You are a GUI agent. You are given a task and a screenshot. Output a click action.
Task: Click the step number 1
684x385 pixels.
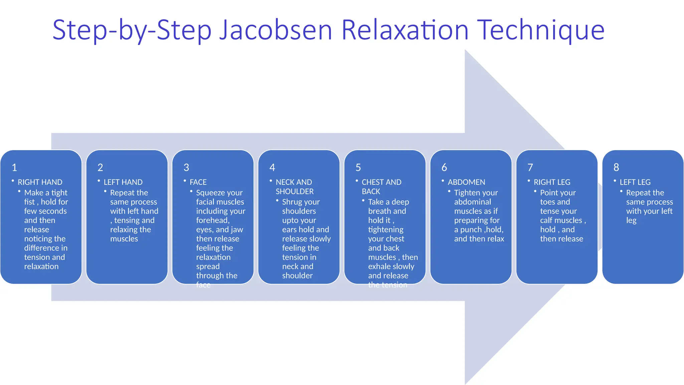(x=14, y=167)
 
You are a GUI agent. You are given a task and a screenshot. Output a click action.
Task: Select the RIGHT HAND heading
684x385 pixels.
(x=40, y=182)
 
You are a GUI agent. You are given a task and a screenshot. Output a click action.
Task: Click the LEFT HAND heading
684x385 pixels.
(x=123, y=182)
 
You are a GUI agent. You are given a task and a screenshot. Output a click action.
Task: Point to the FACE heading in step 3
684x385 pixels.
(x=198, y=182)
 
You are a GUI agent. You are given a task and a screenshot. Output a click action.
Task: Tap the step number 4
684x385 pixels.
(x=272, y=167)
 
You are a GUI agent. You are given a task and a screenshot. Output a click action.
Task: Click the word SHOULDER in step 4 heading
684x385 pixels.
(x=295, y=191)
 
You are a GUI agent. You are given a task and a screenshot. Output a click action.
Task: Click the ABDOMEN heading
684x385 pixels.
(x=466, y=182)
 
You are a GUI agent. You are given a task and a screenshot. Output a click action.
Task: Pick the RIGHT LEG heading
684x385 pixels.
(x=552, y=182)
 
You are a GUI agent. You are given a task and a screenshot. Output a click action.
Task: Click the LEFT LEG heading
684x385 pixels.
(x=635, y=182)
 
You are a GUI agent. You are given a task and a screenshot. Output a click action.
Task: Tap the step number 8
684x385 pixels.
(x=616, y=167)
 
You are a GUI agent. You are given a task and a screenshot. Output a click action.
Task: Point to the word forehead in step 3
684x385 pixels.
(x=212, y=221)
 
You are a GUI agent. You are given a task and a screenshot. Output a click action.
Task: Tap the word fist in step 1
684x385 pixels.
(x=29, y=202)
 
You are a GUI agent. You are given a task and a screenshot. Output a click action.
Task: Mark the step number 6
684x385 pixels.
(x=444, y=167)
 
